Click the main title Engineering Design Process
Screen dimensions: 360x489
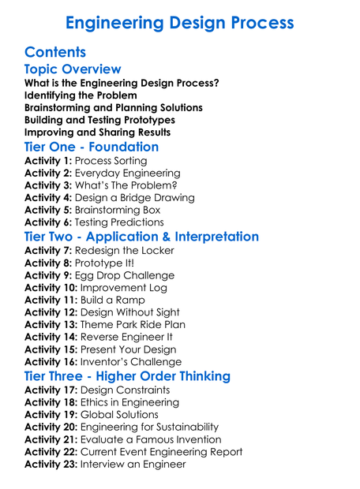pyautogui.click(x=179, y=22)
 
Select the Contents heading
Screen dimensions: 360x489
pyautogui.click(x=55, y=52)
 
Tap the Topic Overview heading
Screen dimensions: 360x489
pyautogui.click(x=73, y=69)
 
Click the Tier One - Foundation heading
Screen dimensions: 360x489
pyautogui.click(x=92, y=147)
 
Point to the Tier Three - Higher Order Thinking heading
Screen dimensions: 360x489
pyautogui.click(x=127, y=375)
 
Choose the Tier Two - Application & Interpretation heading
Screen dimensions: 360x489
pyautogui.click(x=141, y=236)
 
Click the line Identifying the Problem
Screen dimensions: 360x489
pyautogui.click(x=75, y=95)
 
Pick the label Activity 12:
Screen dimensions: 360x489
pyautogui.click(x=51, y=312)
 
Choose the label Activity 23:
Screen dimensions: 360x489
pyautogui.click(x=51, y=464)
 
